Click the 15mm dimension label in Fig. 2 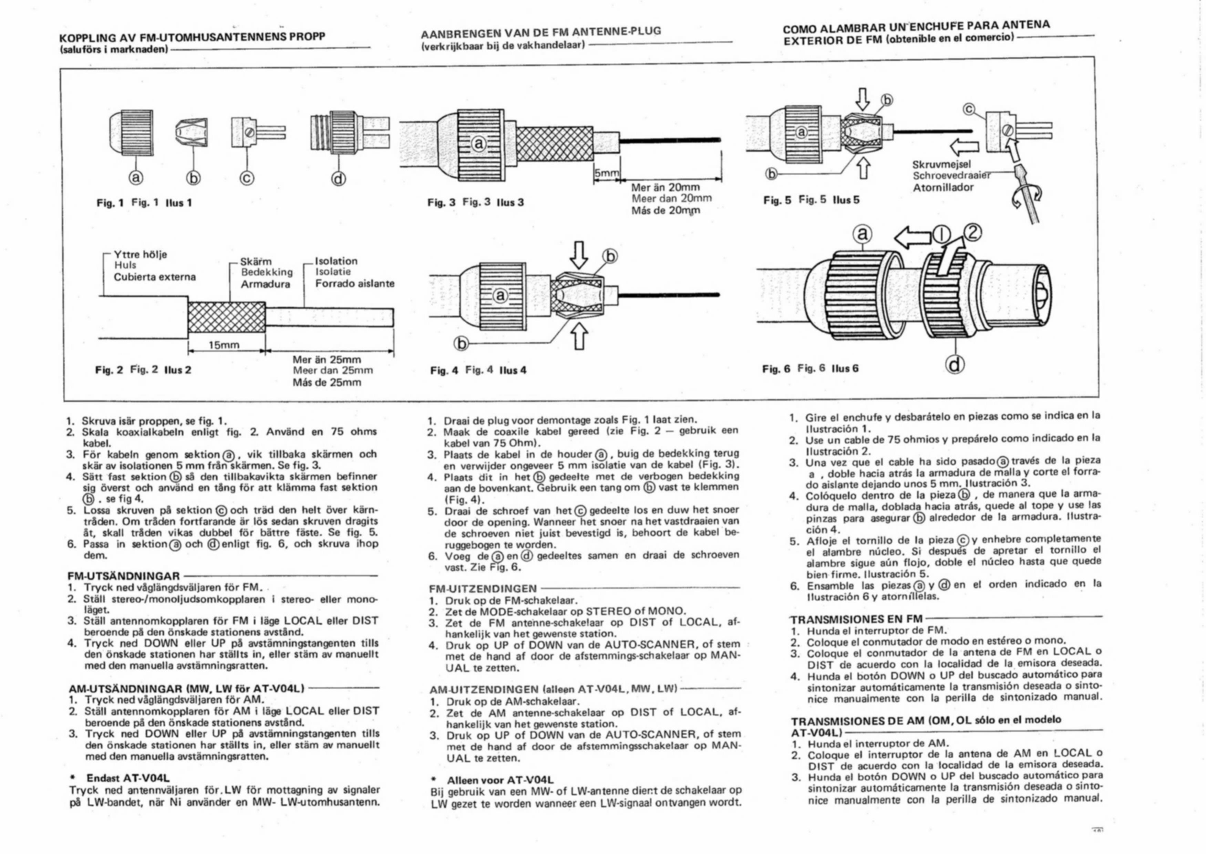click(x=224, y=345)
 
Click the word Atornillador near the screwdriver click(x=943, y=187)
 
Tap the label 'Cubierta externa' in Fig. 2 click(x=155, y=277)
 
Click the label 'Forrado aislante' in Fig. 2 click(x=354, y=283)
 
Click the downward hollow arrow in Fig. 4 click(x=579, y=254)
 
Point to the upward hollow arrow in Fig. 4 click(x=579, y=336)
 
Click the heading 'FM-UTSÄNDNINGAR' click(x=124, y=576)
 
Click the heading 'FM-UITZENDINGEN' click(x=483, y=589)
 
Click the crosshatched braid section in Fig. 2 click(x=226, y=319)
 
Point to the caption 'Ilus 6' click(x=845, y=368)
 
